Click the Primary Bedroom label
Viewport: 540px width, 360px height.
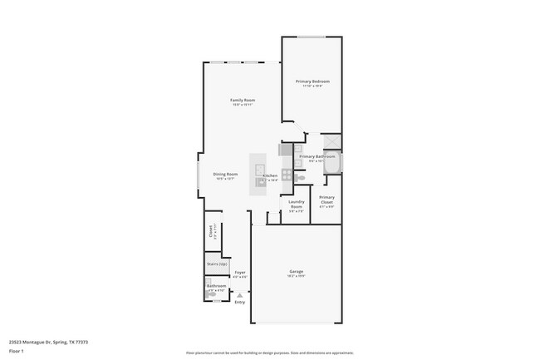pos(312,81)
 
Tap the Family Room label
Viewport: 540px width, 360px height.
pos(243,101)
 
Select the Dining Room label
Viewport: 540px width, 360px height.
pos(226,174)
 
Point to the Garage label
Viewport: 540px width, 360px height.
pos(296,272)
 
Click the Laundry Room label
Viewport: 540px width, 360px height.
pos(297,204)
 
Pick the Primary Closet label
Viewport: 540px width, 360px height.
pos(326,200)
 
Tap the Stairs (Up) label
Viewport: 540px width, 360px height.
pos(217,264)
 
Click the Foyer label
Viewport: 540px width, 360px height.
pos(239,272)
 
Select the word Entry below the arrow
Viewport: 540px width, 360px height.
pos(239,302)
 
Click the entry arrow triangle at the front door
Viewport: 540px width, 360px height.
pos(239,293)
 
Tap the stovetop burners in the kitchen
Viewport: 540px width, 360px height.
pos(287,175)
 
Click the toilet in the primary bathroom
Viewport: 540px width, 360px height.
pos(301,177)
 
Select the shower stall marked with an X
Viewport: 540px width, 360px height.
pos(330,141)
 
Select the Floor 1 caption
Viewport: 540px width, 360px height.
pos(16,350)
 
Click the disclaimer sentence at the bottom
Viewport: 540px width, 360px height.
pos(269,353)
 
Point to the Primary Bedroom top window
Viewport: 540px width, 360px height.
pos(312,37)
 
